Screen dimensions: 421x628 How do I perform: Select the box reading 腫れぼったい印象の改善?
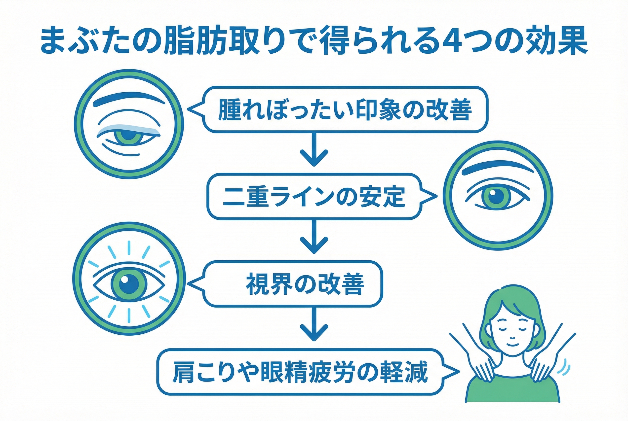tap(345, 109)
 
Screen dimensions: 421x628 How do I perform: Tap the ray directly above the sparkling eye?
tap(129, 247)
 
